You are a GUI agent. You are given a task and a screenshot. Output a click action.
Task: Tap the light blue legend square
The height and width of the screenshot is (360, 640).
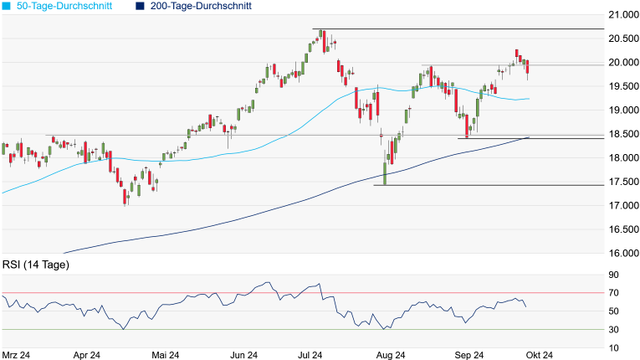(8, 6)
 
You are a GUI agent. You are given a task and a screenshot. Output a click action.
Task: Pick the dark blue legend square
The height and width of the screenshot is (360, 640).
(140, 6)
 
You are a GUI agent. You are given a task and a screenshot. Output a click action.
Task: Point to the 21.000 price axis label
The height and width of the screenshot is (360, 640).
(622, 15)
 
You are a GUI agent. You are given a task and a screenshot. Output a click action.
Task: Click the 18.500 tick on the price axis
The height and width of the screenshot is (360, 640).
(622, 134)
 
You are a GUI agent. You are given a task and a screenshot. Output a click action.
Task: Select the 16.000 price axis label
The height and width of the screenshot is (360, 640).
(622, 253)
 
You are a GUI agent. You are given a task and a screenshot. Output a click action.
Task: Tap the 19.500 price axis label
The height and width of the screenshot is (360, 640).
(622, 86)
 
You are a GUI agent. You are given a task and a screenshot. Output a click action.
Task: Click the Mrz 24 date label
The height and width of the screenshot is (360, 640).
(17, 354)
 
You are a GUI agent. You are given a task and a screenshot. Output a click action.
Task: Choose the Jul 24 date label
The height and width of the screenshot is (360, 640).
(311, 354)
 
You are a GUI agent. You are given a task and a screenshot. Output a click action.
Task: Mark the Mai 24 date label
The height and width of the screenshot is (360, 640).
(164, 354)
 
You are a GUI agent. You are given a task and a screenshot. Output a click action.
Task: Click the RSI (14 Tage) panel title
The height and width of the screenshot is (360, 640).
(35, 265)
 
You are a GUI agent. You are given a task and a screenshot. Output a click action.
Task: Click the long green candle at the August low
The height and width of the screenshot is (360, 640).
(386, 167)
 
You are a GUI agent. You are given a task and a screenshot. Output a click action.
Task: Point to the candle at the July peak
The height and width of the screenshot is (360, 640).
(320, 37)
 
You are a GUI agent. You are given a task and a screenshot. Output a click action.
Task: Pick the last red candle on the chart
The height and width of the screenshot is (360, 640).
(528, 68)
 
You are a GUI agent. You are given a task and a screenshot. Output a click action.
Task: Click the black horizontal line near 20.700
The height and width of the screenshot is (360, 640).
(468, 29)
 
